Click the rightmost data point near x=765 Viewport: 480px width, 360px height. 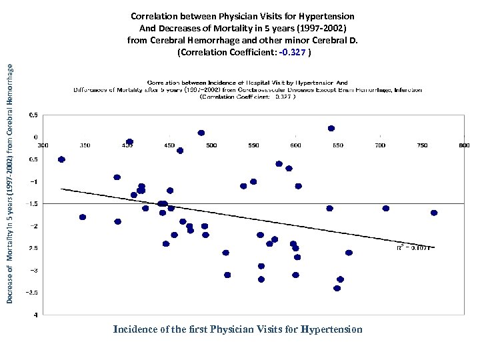point(434,213)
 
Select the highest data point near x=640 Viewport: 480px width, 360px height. point(331,128)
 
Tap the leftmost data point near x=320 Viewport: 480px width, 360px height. point(61,159)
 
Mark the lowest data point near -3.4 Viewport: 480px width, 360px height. point(337,288)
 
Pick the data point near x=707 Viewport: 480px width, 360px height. point(386,208)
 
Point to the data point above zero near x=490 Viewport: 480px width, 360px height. point(201,133)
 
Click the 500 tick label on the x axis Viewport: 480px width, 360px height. point(211,145)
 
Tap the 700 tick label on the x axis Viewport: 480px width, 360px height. point(379,145)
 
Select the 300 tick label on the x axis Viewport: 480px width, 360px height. point(43,145)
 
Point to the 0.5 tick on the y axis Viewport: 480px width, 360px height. point(33,115)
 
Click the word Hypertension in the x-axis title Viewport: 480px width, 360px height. point(331,329)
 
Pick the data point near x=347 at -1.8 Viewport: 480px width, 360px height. point(83,217)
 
